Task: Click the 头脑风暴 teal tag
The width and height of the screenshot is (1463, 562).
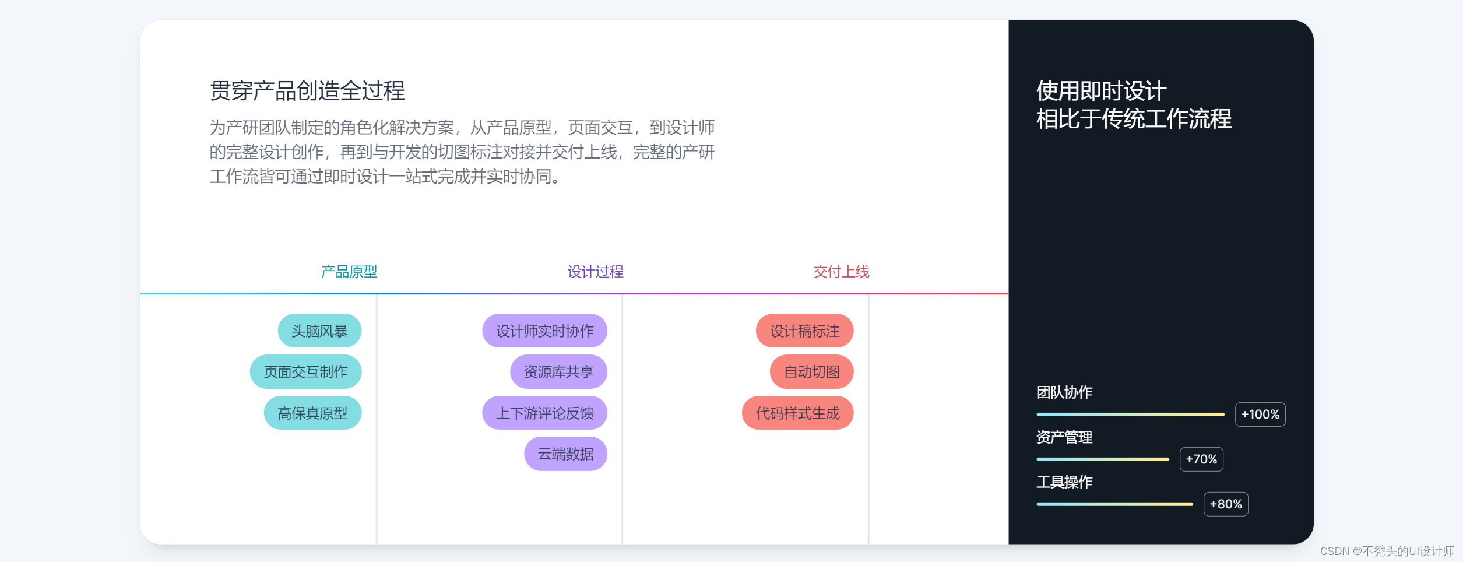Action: pyautogui.click(x=319, y=331)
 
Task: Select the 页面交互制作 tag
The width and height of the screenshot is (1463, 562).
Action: pyautogui.click(x=305, y=372)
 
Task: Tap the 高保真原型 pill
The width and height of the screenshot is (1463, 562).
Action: pyautogui.click(x=312, y=413)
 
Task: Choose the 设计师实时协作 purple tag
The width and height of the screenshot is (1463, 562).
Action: pyautogui.click(x=544, y=331)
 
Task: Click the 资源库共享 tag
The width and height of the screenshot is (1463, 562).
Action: pyautogui.click(x=558, y=372)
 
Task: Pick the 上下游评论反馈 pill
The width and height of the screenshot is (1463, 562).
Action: pyautogui.click(x=544, y=413)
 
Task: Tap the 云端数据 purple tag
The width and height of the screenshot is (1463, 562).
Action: pyautogui.click(x=565, y=454)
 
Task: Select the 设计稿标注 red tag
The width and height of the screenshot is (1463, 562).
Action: pyautogui.click(x=804, y=331)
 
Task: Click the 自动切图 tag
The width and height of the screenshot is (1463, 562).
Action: pyautogui.click(x=811, y=372)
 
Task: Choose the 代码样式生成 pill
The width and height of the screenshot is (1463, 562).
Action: pyautogui.click(x=797, y=413)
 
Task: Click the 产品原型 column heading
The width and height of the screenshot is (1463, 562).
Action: pyautogui.click(x=349, y=272)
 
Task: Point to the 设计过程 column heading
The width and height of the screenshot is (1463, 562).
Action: pyautogui.click(x=595, y=272)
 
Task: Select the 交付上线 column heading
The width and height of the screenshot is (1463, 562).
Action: pyautogui.click(x=841, y=272)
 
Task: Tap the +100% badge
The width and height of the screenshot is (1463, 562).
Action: pyautogui.click(x=1260, y=415)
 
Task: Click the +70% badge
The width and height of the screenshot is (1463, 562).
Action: pyautogui.click(x=1201, y=459)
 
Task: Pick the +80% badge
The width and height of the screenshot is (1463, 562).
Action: pyautogui.click(x=1226, y=504)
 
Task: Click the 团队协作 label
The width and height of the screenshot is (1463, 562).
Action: pyautogui.click(x=1064, y=392)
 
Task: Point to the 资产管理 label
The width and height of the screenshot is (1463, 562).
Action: pyautogui.click(x=1064, y=437)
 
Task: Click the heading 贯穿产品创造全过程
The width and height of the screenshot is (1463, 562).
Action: pyautogui.click(x=307, y=91)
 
